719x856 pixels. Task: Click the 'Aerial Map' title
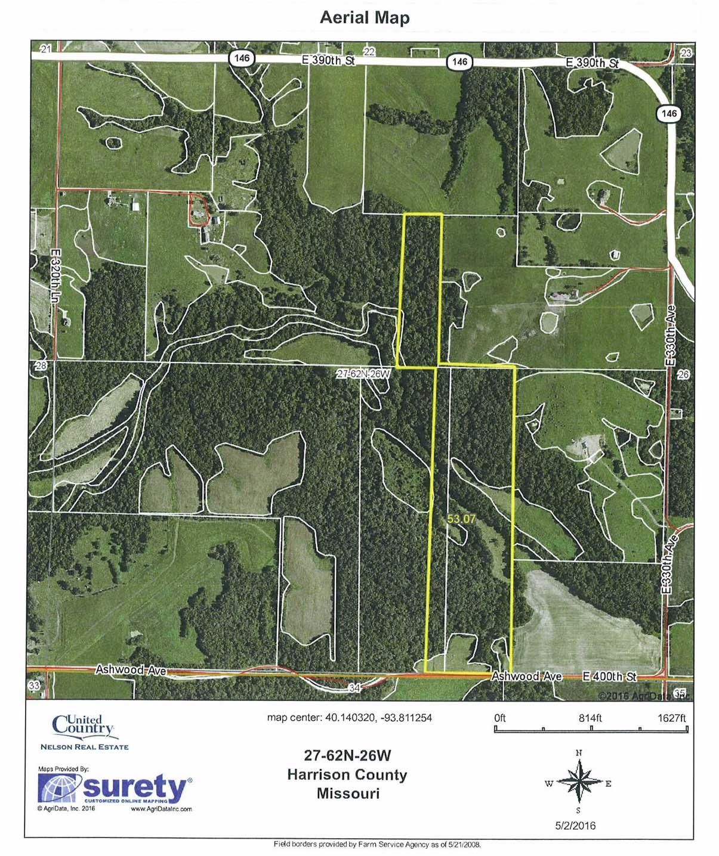tap(365, 18)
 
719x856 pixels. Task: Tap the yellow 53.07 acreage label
tap(461, 519)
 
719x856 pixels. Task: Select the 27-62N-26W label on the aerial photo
tap(363, 374)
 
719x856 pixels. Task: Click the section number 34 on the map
tap(354, 688)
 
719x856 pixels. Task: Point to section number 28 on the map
tap(41, 366)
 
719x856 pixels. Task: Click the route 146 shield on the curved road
tap(670, 113)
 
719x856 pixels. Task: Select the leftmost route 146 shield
tap(242, 58)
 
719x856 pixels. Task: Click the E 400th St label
tap(609, 677)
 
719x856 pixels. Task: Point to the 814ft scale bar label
tap(590, 718)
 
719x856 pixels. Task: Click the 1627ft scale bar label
tap(672, 718)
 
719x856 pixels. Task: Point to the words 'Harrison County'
tap(347, 775)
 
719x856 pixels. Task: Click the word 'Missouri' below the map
tap(348, 793)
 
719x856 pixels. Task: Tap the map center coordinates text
tap(349, 718)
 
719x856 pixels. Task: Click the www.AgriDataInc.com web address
tap(161, 809)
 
